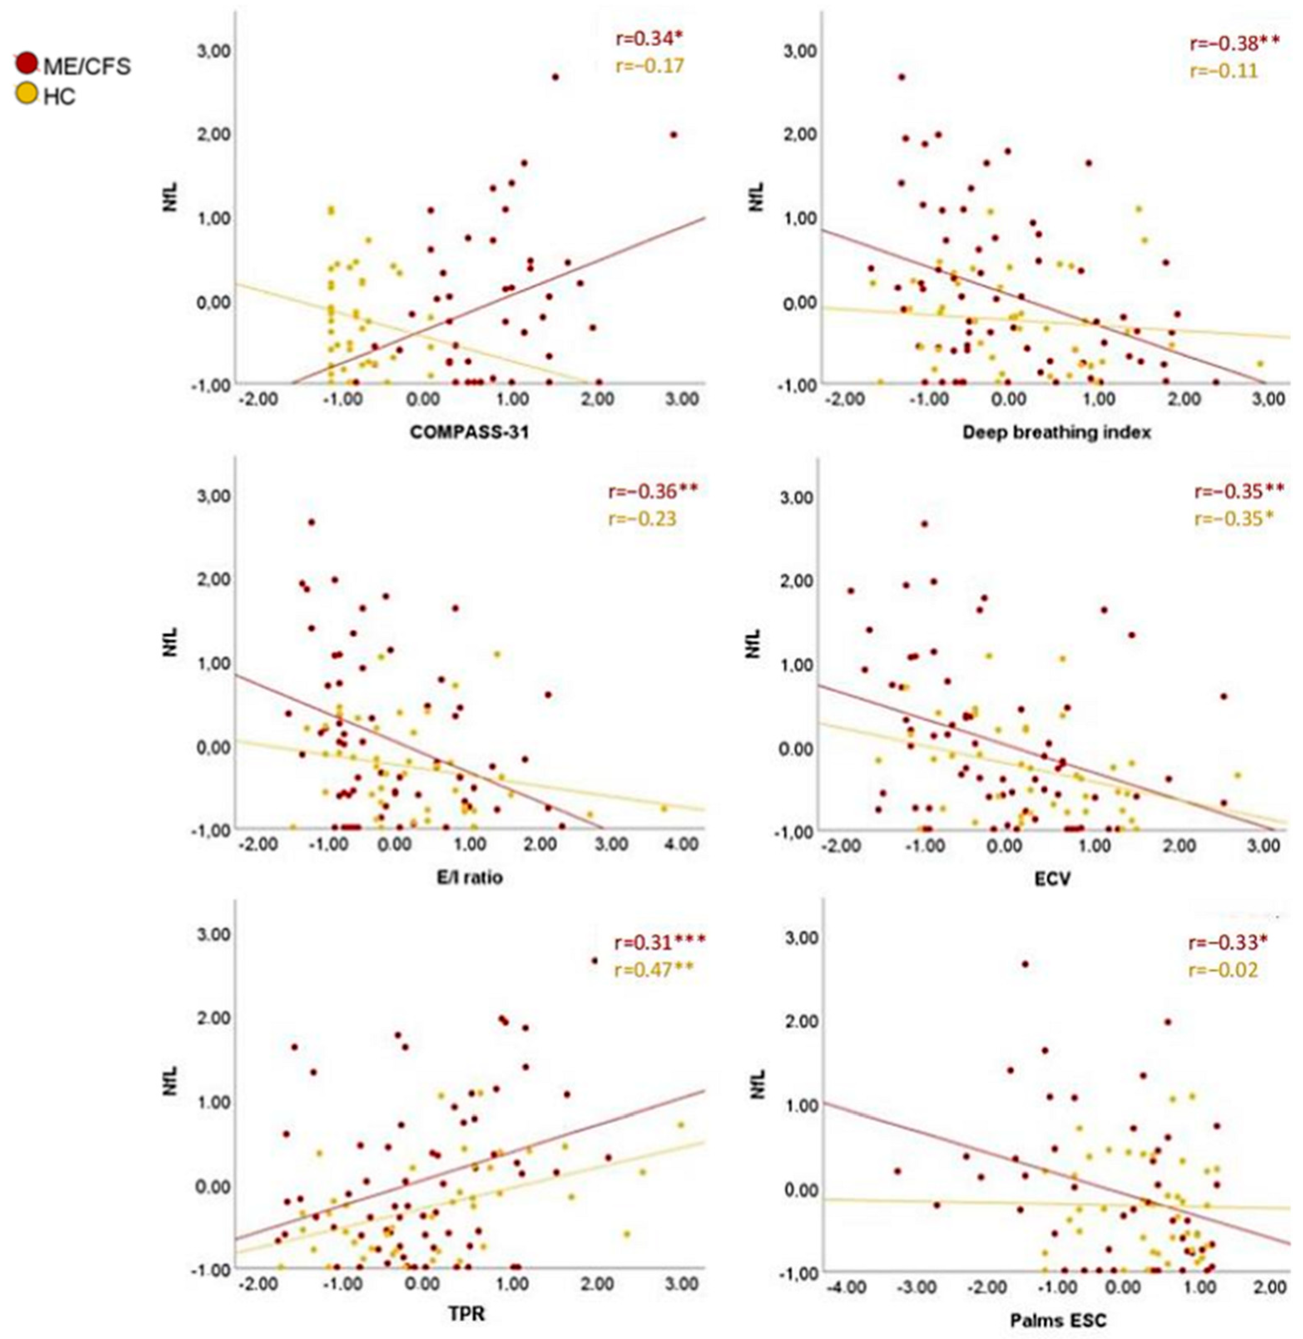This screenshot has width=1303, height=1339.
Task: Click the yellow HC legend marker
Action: coord(27,94)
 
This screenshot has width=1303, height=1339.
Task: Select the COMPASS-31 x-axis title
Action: coord(469,432)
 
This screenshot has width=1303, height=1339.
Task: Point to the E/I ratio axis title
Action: coord(469,877)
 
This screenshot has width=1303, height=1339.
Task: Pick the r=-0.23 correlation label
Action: coord(642,518)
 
